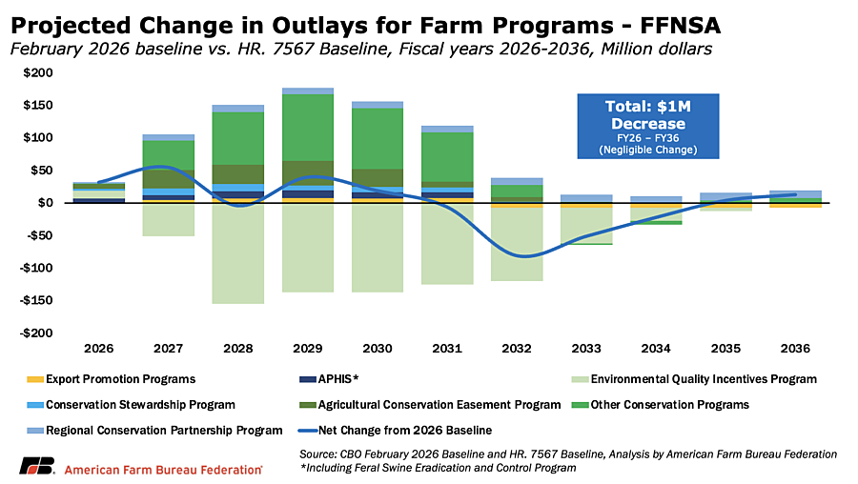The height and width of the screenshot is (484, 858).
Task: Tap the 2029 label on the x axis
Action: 300,349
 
